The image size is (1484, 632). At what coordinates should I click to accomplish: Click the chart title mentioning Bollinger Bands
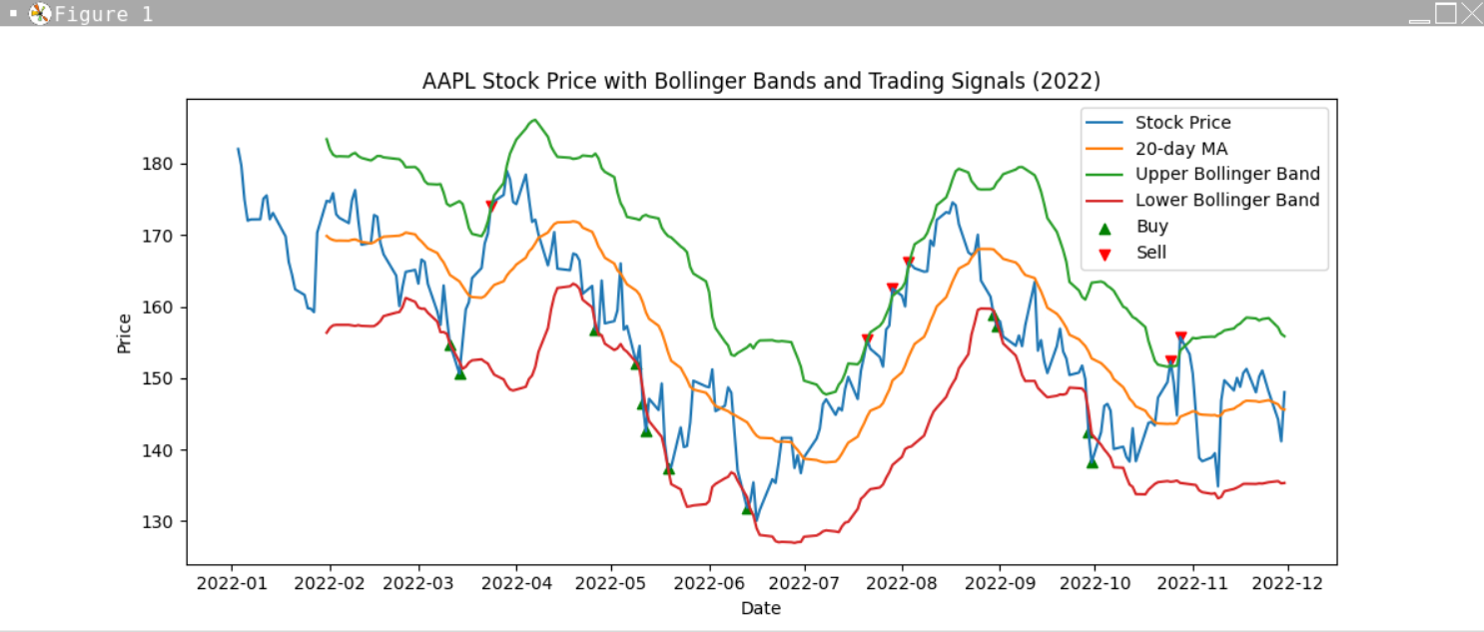761,81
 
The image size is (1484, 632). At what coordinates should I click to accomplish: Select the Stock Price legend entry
1182,123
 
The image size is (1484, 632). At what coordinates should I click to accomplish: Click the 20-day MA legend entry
1180,149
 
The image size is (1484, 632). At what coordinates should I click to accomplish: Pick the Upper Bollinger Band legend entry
1227,175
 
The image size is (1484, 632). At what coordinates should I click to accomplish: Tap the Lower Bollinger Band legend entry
1227,201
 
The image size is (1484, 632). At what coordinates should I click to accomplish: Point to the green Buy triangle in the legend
1104,227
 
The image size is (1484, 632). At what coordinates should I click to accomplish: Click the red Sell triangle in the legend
1104,254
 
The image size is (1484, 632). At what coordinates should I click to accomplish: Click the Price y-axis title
124,333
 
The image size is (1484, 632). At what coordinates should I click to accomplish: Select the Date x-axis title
761,608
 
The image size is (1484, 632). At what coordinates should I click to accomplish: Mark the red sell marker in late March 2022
491,206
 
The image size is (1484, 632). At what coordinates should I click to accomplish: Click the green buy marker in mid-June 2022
747,509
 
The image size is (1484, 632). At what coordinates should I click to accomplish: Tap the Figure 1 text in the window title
104,14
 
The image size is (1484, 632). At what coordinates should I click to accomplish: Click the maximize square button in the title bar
1445,13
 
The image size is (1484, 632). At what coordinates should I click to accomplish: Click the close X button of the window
1471,13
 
